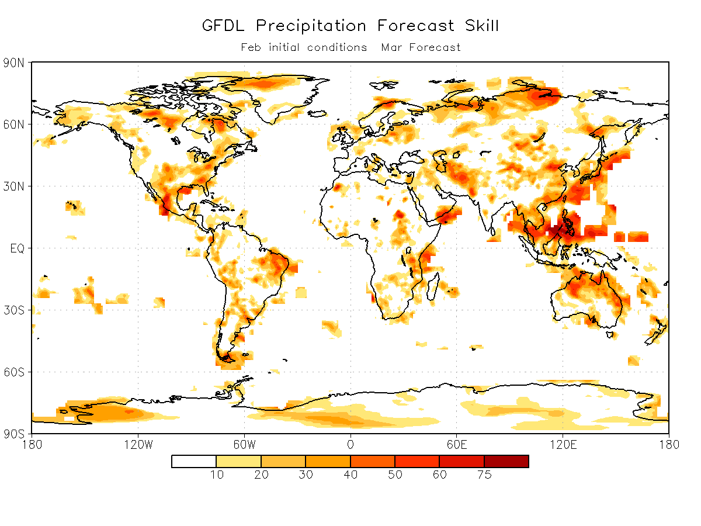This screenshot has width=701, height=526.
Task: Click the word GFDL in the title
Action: pos(223,26)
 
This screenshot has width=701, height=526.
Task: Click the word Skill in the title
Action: pos(481,26)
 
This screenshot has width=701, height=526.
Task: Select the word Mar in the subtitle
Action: pos(391,47)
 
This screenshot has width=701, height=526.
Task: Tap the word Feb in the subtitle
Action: pos(251,47)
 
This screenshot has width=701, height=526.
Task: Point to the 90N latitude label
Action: pos(14,63)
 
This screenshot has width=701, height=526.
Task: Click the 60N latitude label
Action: pos(14,124)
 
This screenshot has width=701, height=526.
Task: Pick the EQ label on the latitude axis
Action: pos(18,248)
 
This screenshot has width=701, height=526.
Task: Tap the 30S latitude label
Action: pos(14,310)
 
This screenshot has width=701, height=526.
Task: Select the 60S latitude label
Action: pos(14,372)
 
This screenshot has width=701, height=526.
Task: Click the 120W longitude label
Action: pos(138,445)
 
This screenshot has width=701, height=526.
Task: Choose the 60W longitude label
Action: pos(244,445)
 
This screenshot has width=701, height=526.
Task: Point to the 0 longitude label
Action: pos(350,445)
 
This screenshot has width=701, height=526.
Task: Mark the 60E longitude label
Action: pos(456,445)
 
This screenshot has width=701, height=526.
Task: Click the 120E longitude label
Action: pos(563,445)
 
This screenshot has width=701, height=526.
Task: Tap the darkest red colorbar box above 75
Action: pos(506,462)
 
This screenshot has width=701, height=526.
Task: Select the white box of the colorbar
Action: pos(194,462)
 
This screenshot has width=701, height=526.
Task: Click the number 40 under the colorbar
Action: pos(350,475)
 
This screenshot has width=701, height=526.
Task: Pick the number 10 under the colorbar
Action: pos(217,475)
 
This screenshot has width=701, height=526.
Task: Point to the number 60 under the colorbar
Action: pos(439,475)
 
